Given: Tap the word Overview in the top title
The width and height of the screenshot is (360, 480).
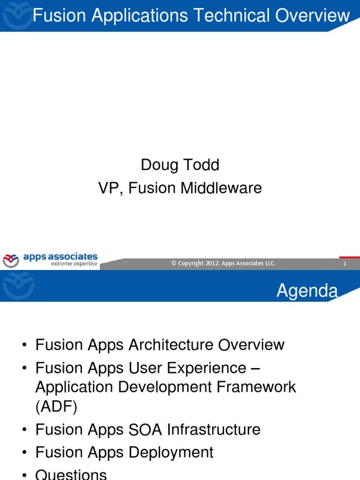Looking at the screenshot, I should tap(313, 16).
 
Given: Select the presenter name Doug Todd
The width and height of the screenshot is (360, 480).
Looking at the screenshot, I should tap(180, 165).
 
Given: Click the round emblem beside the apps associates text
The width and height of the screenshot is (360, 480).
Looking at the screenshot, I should tap(11, 260).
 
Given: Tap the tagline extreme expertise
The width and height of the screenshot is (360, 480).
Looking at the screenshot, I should tap(74, 264).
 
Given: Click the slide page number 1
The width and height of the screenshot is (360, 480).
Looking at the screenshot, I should tap(345, 264).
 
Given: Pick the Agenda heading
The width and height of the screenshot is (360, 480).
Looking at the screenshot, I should tap(307, 291).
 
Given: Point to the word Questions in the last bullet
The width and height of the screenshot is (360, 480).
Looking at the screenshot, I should tap(71, 474).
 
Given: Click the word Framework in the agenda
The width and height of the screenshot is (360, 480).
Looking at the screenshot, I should tap(254, 387).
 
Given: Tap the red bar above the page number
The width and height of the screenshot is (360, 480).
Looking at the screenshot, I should tap(349, 257).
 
